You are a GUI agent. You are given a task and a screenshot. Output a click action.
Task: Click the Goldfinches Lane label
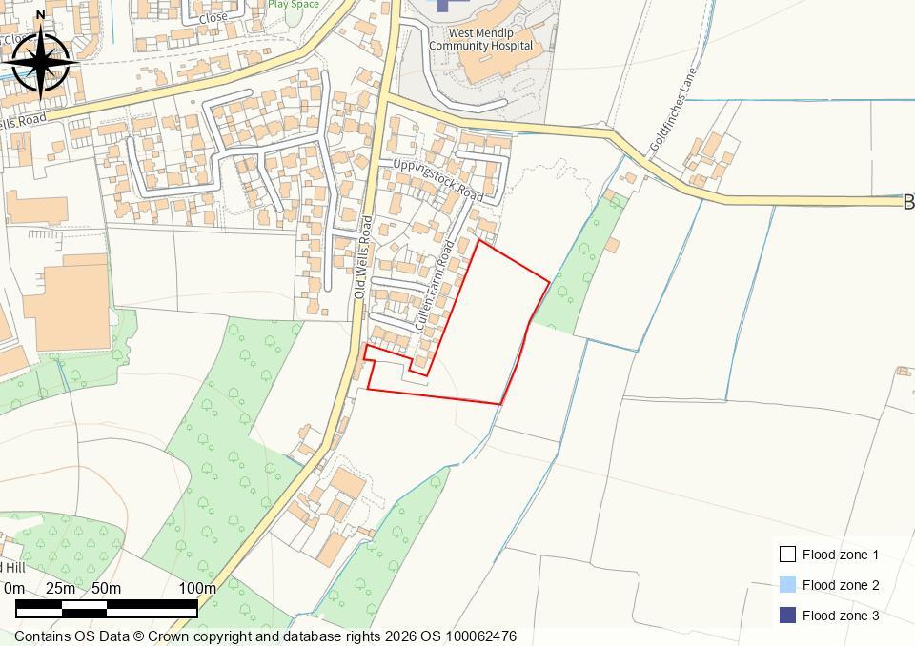(x=674, y=110)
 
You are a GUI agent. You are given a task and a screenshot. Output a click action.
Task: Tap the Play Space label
(x=293, y=4)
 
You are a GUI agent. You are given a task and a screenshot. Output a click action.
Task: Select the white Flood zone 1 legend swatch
(x=787, y=555)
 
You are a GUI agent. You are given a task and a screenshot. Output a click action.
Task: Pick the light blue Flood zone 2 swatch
(x=787, y=585)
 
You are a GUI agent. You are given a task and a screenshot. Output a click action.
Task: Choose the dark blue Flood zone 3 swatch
(x=787, y=616)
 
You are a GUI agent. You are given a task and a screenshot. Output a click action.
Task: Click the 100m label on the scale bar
(x=197, y=588)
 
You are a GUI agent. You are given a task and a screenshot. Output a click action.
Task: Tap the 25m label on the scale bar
(x=60, y=588)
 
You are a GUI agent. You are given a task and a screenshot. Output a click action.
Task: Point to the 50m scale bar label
(x=106, y=588)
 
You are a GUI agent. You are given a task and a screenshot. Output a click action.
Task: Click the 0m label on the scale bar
(x=14, y=588)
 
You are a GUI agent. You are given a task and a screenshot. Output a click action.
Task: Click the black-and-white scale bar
(x=107, y=607)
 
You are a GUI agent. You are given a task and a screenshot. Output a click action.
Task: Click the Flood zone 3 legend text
(x=841, y=616)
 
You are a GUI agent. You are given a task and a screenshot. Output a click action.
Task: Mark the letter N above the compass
(x=40, y=14)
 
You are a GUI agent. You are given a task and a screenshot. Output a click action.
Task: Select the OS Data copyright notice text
(x=265, y=636)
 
